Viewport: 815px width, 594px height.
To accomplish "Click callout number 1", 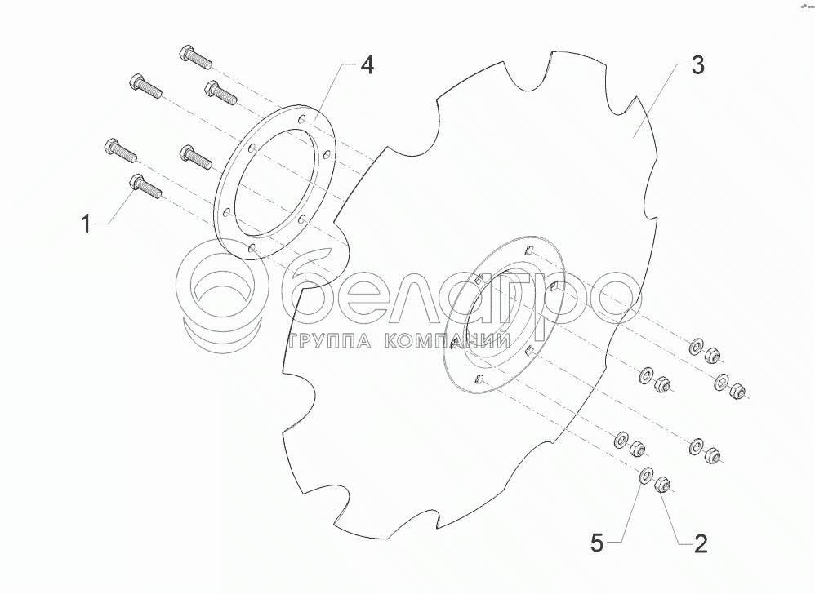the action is tap(87, 225).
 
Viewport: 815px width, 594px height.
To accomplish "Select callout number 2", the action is tap(700, 544).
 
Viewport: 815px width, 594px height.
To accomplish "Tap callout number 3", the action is tap(697, 66).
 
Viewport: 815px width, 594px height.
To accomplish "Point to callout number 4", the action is tap(367, 66).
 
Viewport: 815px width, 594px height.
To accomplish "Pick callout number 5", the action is tap(597, 543).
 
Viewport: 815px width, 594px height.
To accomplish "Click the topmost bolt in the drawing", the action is tap(195, 56).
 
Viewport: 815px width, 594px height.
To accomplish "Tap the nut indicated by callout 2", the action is tap(662, 485).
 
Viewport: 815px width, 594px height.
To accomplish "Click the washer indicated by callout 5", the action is tap(646, 476).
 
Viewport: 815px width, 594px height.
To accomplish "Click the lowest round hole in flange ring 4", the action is tap(252, 249).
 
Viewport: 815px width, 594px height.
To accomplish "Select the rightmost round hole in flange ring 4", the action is tap(327, 154).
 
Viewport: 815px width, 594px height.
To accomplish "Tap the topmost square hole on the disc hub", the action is tap(528, 250).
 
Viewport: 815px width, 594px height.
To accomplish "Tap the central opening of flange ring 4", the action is tap(274, 184).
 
